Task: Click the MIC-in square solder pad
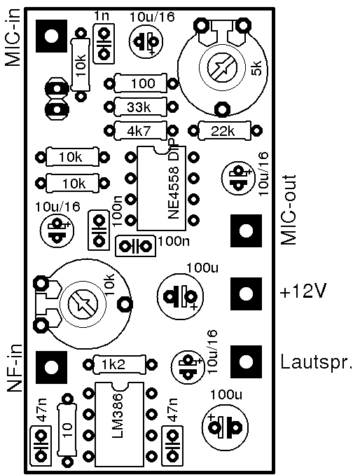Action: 51,36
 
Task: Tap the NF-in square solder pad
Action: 51,367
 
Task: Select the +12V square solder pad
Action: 246,294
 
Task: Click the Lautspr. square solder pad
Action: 246,362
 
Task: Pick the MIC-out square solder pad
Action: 246,230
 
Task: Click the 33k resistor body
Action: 141,106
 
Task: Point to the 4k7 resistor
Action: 141,131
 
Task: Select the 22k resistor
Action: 225,131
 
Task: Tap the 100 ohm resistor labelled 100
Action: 141,83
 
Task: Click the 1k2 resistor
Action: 120,364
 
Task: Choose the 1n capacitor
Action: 104,43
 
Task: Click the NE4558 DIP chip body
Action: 161,188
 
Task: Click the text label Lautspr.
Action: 317,362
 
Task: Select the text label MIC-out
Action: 289,210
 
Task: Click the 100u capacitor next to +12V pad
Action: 181,296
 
